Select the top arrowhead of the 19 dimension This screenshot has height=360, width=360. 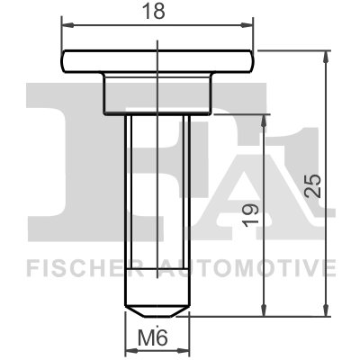click(264, 117)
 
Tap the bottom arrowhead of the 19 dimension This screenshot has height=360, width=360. click(264, 311)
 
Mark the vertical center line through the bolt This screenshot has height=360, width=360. click(157, 180)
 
